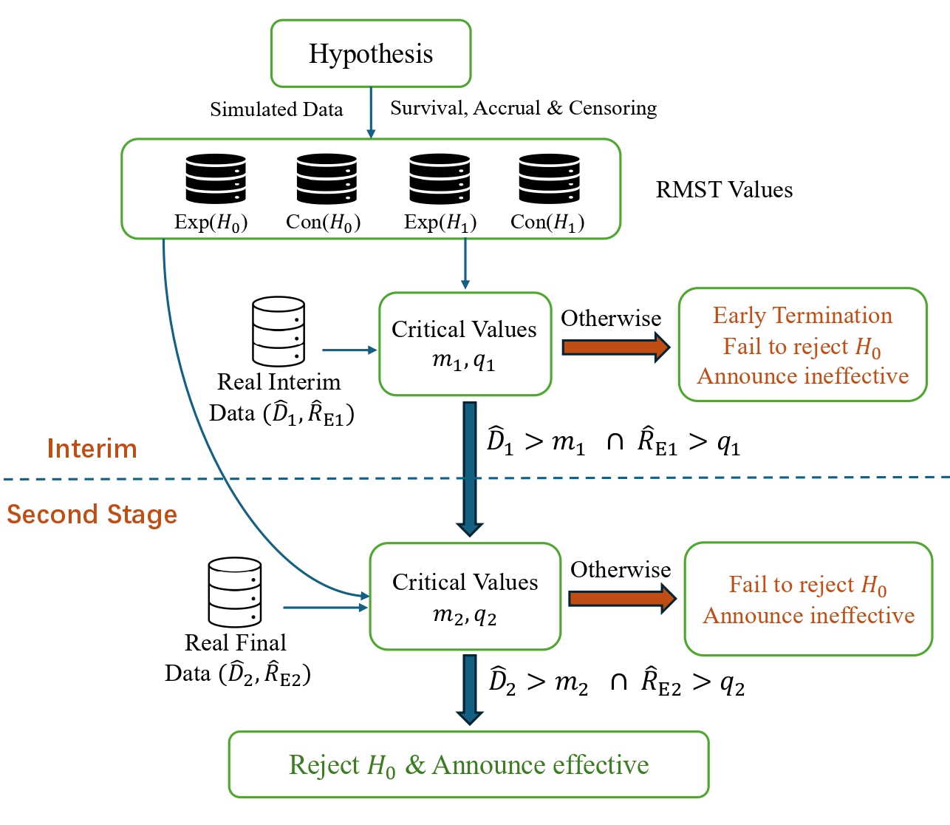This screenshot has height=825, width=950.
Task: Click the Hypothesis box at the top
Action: [371, 53]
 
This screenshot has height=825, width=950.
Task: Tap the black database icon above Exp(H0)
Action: [216, 179]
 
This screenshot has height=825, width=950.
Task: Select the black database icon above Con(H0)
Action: [327, 179]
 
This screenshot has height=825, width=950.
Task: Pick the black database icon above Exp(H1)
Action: [440, 179]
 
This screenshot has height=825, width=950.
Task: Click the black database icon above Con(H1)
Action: [549, 179]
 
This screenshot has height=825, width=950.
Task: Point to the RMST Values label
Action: [724, 190]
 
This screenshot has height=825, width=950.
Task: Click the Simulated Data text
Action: [276, 109]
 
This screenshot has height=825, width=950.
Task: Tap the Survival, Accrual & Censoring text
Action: [523, 108]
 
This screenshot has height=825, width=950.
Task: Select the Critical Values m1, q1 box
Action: [465, 344]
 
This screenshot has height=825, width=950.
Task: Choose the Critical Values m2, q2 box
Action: [465, 597]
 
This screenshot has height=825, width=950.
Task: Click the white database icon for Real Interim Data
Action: [278, 331]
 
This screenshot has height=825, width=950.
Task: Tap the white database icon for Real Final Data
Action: [235, 592]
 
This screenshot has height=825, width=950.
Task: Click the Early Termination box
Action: [802, 345]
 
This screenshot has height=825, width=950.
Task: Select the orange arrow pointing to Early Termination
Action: [615, 347]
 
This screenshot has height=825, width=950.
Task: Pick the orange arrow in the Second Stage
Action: [621, 598]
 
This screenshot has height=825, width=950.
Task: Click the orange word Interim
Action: [92, 449]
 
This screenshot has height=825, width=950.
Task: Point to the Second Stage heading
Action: [92, 514]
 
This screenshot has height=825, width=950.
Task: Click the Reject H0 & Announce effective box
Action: [468, 764]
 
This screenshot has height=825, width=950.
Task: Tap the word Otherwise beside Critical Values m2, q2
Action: [621, 570]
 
